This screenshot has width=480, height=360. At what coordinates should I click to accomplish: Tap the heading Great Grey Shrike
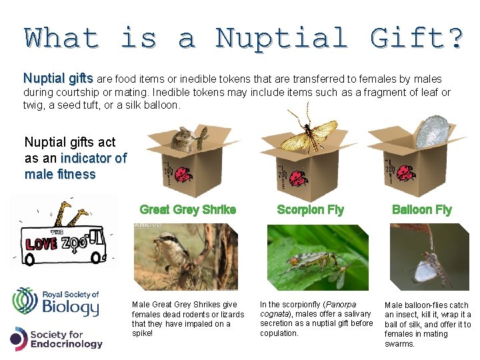point(188,209)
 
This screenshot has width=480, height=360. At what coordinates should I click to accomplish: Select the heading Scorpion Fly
point(311,209)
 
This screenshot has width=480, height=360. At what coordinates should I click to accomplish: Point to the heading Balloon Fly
point(422,209)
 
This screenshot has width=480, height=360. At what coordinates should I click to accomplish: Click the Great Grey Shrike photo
point(185,257)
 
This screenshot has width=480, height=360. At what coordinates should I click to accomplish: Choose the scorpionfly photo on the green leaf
point(317,257)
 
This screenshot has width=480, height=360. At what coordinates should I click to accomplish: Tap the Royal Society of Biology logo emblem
point(25,301)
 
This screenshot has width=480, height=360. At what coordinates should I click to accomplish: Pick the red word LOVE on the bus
point(41,244)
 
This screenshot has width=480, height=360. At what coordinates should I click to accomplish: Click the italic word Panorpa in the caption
point(340,305)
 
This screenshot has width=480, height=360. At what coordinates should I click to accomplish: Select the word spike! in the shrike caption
point(143,333)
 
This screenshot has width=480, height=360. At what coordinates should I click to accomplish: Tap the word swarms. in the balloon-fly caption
point(400,344)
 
